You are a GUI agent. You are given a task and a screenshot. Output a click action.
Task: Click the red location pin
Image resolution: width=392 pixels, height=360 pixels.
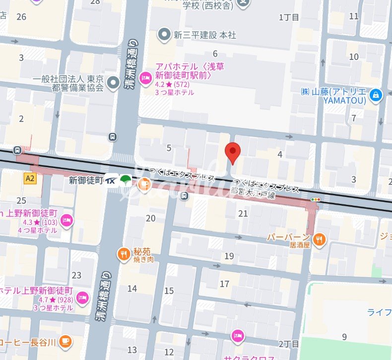click(233, 151)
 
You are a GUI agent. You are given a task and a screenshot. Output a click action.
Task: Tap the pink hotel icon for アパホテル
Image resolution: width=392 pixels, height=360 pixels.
click(145, 76)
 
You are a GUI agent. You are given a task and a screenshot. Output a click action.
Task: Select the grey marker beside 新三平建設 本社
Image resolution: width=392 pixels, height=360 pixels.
click(164, 34)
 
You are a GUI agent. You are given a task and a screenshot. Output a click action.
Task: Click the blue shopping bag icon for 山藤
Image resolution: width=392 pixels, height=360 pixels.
click(376, 94)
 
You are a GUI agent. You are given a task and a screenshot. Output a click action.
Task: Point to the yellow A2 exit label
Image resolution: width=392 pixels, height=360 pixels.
click(30, 178)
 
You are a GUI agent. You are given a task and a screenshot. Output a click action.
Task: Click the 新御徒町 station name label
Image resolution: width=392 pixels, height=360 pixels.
click(86, 181)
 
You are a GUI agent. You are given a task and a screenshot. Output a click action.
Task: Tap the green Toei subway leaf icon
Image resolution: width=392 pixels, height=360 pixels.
click(126, 180)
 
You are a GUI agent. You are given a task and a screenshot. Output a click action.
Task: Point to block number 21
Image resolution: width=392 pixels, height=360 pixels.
click(243, 214)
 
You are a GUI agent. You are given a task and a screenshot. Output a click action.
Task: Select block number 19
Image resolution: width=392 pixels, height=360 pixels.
click(229, 256)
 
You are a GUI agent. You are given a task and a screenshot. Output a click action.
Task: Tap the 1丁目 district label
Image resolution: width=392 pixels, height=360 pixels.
click(289, 17)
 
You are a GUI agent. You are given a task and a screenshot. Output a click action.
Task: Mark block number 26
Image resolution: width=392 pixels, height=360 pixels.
click(21, 17)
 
